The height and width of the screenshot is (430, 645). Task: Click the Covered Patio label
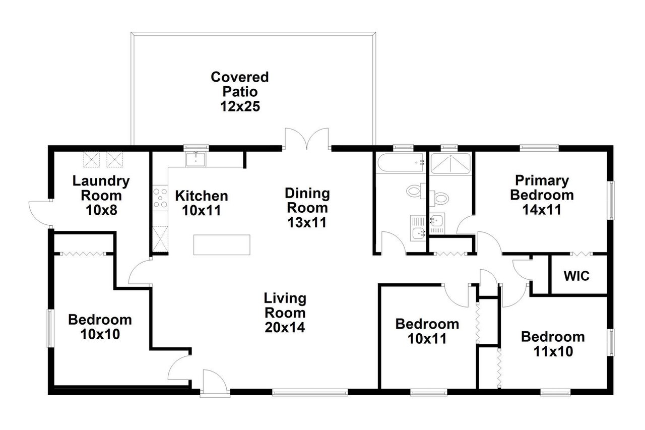[x=239, y=91]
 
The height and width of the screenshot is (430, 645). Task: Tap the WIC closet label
[x=576, y=276]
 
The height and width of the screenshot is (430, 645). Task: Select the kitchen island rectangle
[x=222, y=244]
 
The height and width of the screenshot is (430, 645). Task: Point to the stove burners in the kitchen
[x=160, y=198]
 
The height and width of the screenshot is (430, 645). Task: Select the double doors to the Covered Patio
[x=307, y=140]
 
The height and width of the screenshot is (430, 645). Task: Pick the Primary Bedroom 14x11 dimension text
[x=542, y=209]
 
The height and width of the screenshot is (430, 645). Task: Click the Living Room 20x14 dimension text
[x=285, y=327]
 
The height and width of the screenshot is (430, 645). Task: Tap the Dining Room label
[x=307, y=200]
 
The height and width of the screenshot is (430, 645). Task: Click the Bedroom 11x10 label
[x=553, y=344]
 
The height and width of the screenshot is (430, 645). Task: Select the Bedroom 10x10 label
[x=100, y=327]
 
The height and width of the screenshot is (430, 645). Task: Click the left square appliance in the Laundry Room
[x=91, y=159]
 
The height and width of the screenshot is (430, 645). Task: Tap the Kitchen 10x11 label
[x=201, y=203]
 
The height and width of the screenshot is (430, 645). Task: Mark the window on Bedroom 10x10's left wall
[x=50, y=328]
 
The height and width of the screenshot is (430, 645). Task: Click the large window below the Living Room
[x=309, y=392]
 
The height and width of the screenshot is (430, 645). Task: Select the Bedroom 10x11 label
[x=427, y=331]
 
